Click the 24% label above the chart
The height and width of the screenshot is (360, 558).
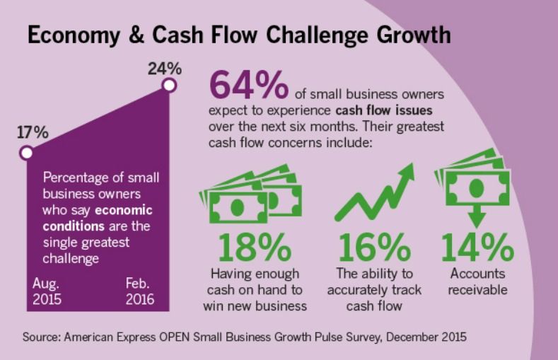pos(165,69)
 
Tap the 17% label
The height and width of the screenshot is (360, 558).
pos(33,132)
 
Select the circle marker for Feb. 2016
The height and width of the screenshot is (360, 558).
pos(169,86)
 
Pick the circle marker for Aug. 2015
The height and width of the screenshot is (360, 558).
pos(26,153)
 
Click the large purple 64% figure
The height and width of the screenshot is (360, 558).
pos(249,85)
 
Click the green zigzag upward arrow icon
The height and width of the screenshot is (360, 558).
pos(375,192)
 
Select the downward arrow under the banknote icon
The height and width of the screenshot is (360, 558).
pos(477,216)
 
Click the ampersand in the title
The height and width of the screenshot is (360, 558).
pos(136,35)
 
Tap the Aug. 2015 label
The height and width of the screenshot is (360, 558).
pos(47,291)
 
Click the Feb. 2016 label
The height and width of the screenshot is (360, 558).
pos(139,291)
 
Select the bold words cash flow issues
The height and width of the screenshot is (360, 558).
pos(384,110)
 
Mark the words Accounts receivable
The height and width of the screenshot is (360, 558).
pos(477,281)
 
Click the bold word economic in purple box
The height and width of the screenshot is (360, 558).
pos(124,210)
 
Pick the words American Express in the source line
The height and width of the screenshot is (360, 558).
pos(110,337)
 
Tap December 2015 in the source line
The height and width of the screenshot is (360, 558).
pos(426,337)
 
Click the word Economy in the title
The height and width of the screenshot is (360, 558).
pos(74,36)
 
